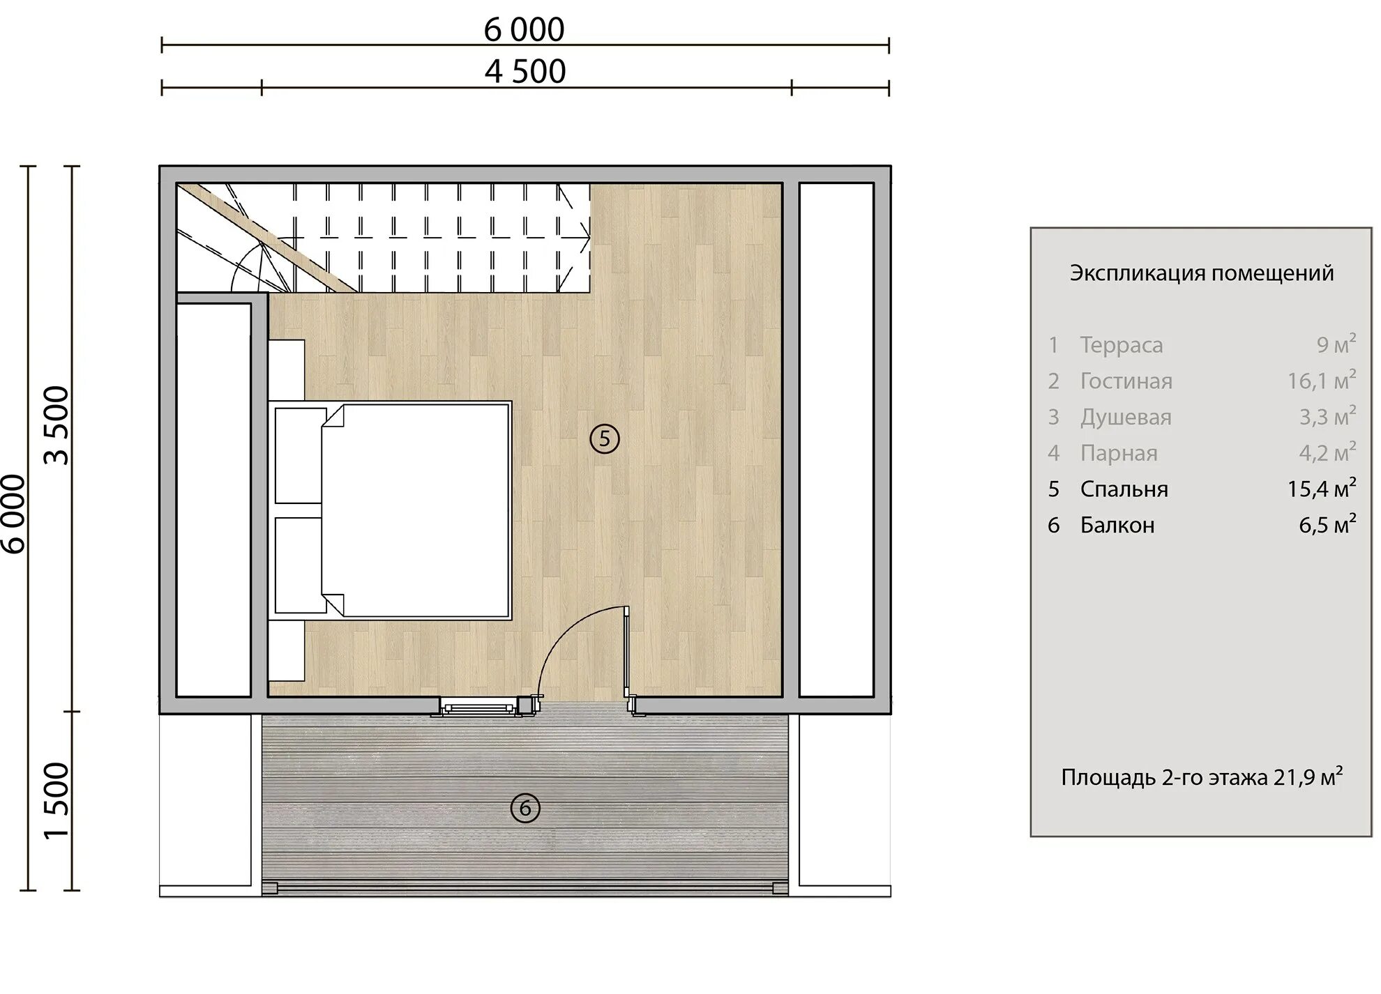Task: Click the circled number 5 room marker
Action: [604, 439]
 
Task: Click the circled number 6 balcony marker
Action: [525, 809]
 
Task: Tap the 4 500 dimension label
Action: [525, 72]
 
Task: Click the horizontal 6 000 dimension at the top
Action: [525, 30]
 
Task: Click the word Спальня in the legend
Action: [1124, 489]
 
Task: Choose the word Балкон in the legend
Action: [1117, 525]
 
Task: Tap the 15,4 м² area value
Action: [1322, 488]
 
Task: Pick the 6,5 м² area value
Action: [1327, 524]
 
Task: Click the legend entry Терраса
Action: [1122, 345]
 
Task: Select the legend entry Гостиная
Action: [1126, 381]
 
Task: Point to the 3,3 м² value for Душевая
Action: [1327, 416]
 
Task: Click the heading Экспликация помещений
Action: [1202, 273]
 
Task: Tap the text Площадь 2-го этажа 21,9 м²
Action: [1202, 777]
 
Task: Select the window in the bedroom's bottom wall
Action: [478, 708]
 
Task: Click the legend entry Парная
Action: [1119, 453]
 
